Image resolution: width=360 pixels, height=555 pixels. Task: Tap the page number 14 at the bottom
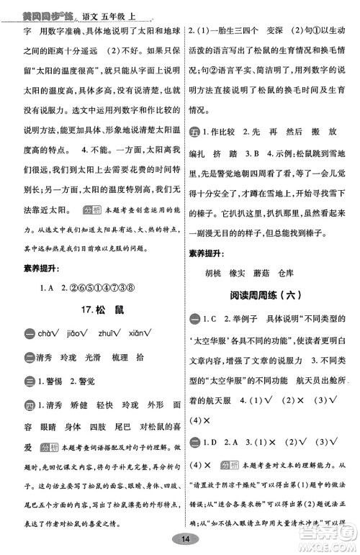point(185,539)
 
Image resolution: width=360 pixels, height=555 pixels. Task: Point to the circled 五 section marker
point(194,134)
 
